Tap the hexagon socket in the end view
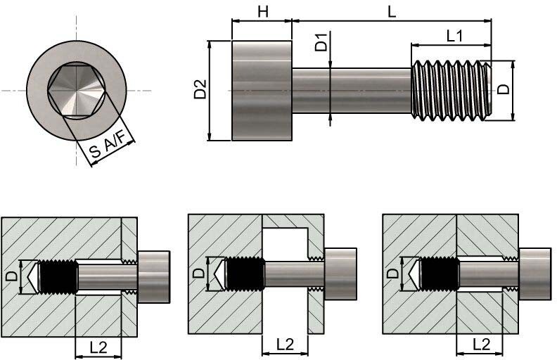click(77, 90)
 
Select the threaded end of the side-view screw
click(450, 90)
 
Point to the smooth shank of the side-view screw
click(351, 90)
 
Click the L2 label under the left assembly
click(98, 345)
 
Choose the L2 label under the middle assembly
click(285, 345)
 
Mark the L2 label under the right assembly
click(480, 345)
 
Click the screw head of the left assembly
click(155, 274)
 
